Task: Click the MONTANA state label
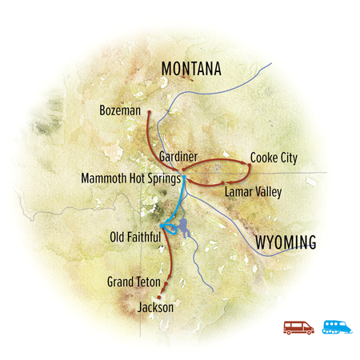click(191, 70)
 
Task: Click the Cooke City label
click(274, 158)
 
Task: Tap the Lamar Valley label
click(253, 193)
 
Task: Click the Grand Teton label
click(131, 282)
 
